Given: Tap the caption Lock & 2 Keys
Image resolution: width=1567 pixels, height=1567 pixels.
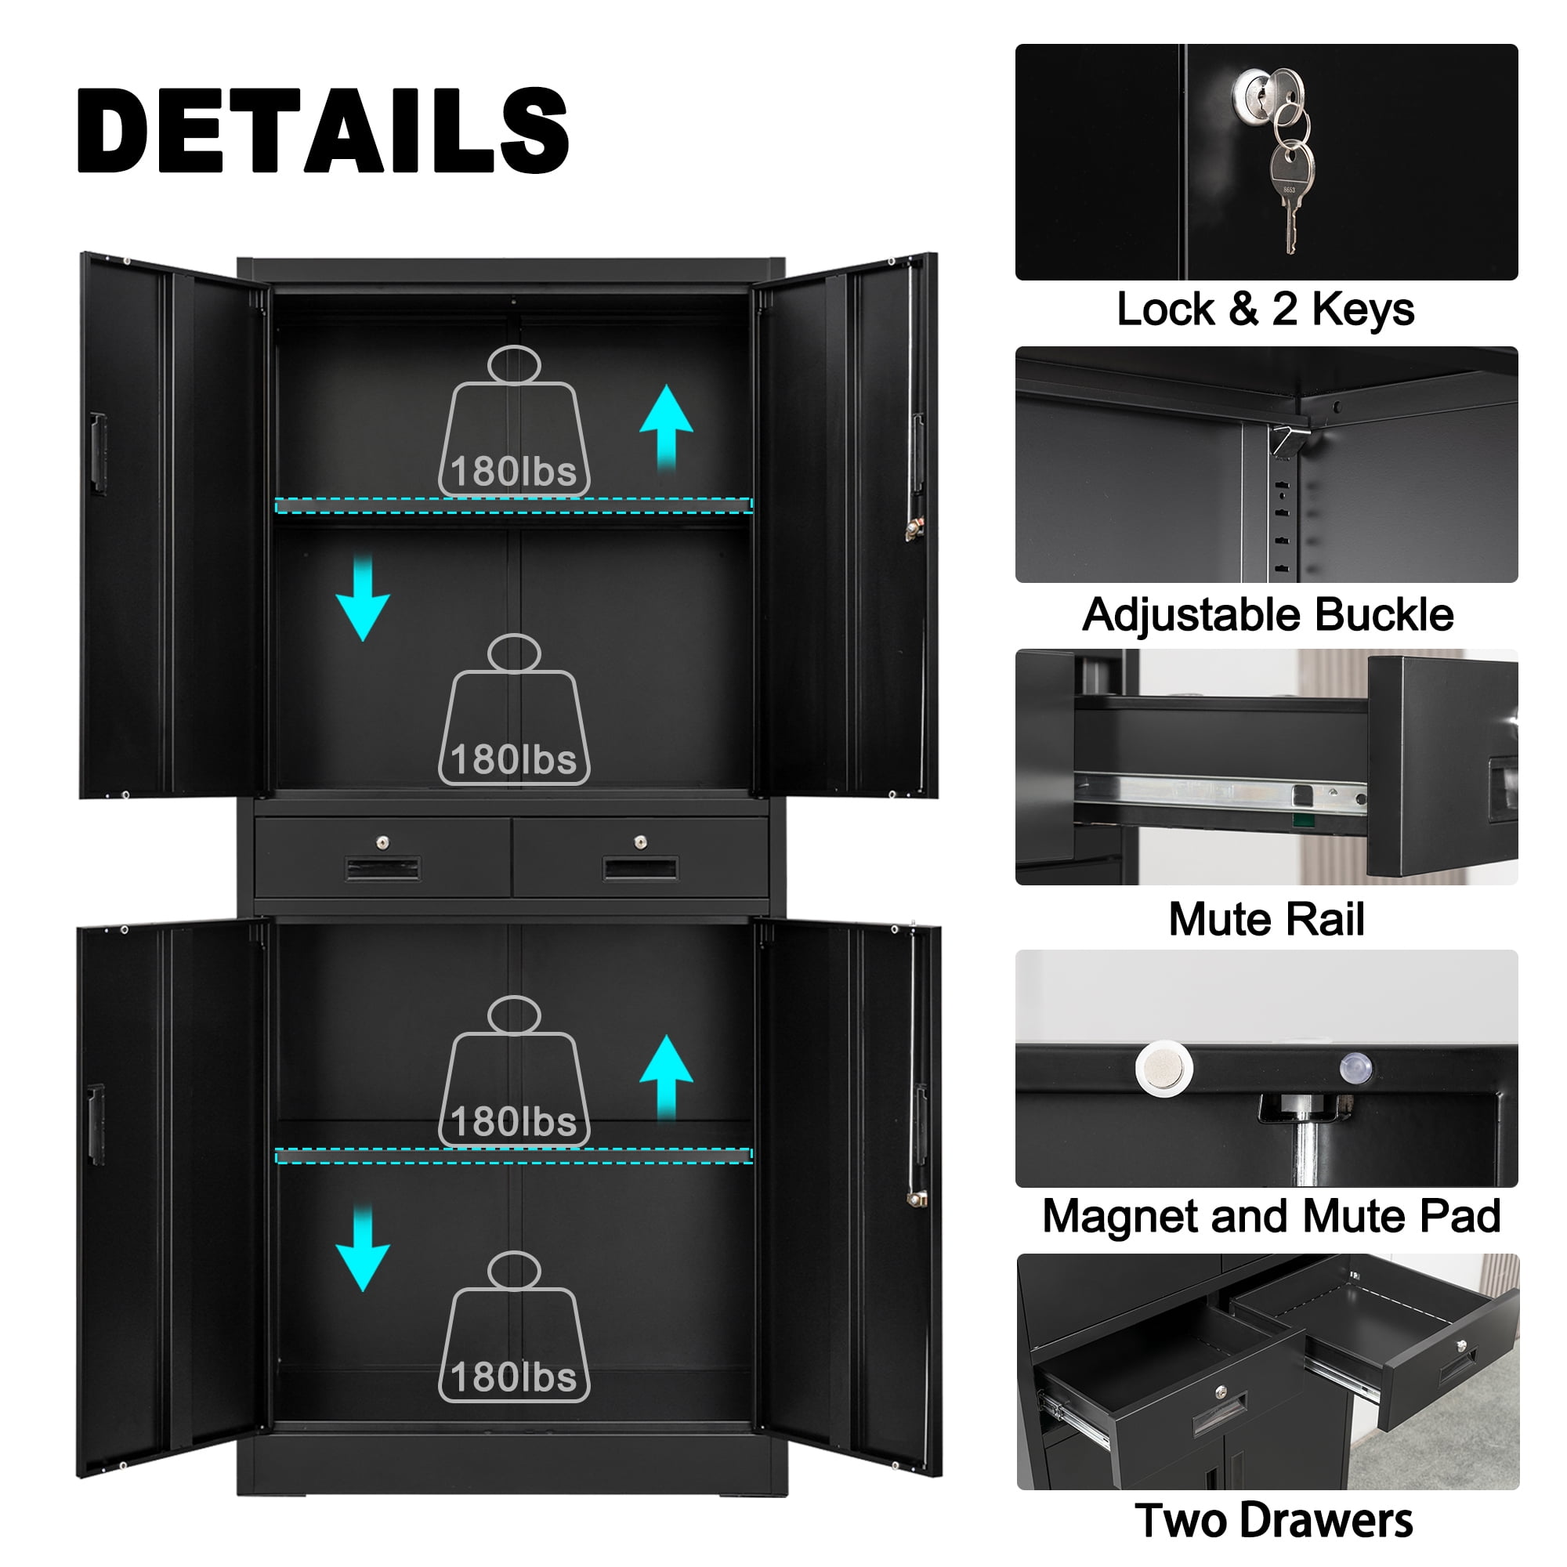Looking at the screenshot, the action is tap(1265, 309).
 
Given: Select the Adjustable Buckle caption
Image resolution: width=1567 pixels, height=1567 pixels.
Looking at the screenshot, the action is tap(1267, 615).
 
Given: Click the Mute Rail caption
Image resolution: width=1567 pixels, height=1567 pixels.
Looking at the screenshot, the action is tap(1266, 919).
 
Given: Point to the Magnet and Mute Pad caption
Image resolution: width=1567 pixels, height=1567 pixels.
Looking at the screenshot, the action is tap(1271, 1216).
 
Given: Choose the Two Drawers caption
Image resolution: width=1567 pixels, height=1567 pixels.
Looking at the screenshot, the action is tap(1273, 1521).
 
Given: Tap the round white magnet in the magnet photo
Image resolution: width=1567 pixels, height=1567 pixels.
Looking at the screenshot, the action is tap(1164, 1068).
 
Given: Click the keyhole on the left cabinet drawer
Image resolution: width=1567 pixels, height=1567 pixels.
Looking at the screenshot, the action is tap(383, 842).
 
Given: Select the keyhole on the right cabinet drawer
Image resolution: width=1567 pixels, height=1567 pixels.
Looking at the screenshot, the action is tap(640, 842).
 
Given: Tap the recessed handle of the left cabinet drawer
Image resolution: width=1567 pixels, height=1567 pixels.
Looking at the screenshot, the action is tap(383, 870).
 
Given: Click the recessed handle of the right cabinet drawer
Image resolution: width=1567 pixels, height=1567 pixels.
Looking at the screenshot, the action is tap(640, 870).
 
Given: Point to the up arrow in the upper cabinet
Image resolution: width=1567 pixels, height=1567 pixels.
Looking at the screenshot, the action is tap(666, 427).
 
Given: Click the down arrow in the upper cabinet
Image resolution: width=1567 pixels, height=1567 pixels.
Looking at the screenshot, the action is tap(363, 598).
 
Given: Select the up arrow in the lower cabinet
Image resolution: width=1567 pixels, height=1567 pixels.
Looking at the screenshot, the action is tap(666, 1077).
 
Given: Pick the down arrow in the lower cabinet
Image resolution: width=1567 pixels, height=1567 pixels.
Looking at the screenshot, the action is tap(363, 1249).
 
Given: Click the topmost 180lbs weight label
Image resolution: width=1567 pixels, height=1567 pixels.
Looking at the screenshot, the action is tap(513, 471).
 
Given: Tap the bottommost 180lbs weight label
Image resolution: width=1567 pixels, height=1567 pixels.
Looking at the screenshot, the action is tap(513, 1377).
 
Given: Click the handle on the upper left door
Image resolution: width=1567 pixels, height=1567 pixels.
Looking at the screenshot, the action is tap(97, 454).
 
